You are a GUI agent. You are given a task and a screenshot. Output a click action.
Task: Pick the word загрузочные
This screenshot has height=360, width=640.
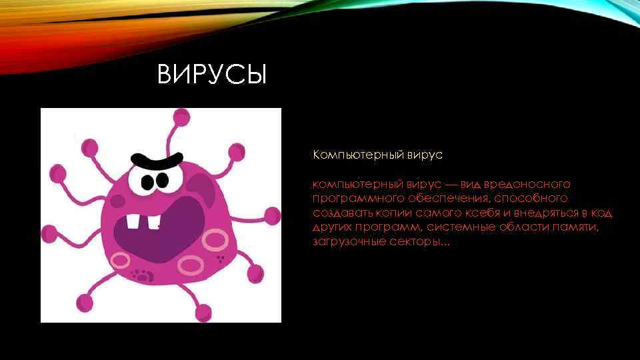coord(348,241)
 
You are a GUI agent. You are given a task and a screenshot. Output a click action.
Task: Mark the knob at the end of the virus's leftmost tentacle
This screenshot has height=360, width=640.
coord(59,175)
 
